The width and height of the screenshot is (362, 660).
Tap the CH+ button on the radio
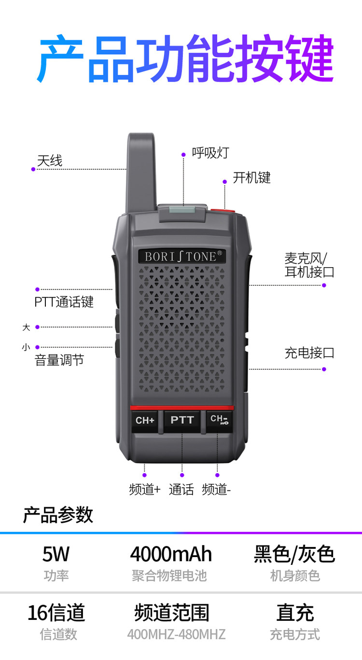(145, 420)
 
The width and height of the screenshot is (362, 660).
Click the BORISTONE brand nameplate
(182, 256)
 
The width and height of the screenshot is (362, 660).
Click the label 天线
(50, 160)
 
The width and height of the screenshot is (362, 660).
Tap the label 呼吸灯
(210, 153)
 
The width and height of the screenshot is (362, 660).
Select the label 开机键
(251, 178)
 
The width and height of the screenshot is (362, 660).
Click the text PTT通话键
(64, 302)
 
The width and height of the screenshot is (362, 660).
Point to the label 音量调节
(59, 360)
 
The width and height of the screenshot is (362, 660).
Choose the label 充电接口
(309, 353)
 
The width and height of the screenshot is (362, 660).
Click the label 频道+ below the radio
(145, 489)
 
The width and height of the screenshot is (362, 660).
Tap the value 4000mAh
(171, 554)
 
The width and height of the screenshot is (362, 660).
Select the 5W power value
(56, 554)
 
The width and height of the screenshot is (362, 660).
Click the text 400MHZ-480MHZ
(176, 634)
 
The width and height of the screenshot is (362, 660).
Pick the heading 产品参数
(58, 515)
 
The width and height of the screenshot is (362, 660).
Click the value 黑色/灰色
(294, 554)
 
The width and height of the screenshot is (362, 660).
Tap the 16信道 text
(56, 613)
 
